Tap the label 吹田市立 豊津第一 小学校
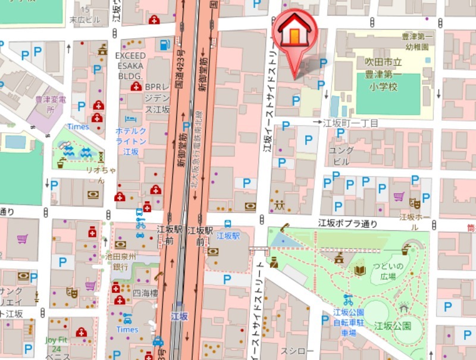[x=385, y=74]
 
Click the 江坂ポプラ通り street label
[x=348, y=224]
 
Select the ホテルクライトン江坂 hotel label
[x=130, y=141]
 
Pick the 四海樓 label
[x=145, y=293]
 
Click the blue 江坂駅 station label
[x=228, y=236]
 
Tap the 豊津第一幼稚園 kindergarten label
[x=416, y=41]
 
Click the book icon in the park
[x=359, y=270]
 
